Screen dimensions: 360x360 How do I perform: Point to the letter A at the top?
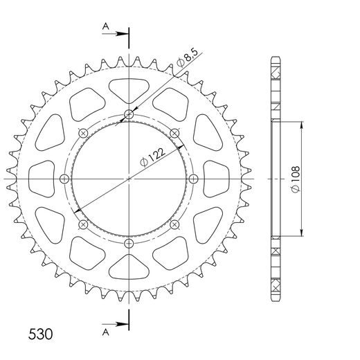click(x=105, y=26)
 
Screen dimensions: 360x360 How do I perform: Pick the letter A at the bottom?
click(x=105, y=331)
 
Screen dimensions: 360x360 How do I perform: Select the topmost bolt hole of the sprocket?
click(x=129, y=115)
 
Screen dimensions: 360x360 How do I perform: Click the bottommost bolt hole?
click(x=129, y=243)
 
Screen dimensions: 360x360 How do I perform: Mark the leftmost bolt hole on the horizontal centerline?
click(x=65, y=179)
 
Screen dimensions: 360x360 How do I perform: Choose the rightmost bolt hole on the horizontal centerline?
click(x=193, y=179)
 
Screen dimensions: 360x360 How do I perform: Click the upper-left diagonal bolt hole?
click(x=84, y=134)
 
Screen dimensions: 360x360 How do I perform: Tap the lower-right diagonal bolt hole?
click(x=174, y=224)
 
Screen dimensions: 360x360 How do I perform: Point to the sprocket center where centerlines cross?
click(x=129, y=179)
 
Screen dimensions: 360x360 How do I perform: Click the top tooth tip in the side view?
click(x=275, y=57)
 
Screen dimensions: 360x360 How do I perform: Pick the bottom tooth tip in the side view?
click(x=275, y=301)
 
